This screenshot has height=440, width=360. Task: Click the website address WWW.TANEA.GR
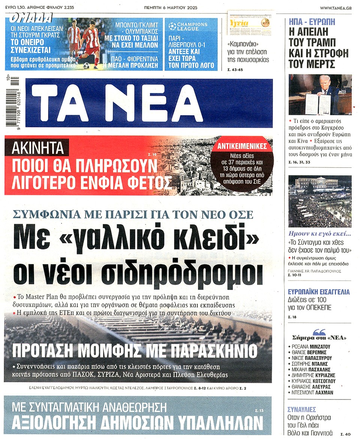coord(336,8)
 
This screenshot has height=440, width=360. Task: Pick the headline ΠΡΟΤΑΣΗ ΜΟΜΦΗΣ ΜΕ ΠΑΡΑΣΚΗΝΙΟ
coord(135,351)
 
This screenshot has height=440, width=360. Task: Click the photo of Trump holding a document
coord(320,94)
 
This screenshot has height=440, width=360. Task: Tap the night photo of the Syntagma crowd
coord(320,201)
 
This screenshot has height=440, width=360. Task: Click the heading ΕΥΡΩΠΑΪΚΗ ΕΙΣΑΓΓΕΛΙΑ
coord(318,292)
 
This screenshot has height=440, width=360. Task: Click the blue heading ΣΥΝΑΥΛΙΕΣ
coord(301,409)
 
